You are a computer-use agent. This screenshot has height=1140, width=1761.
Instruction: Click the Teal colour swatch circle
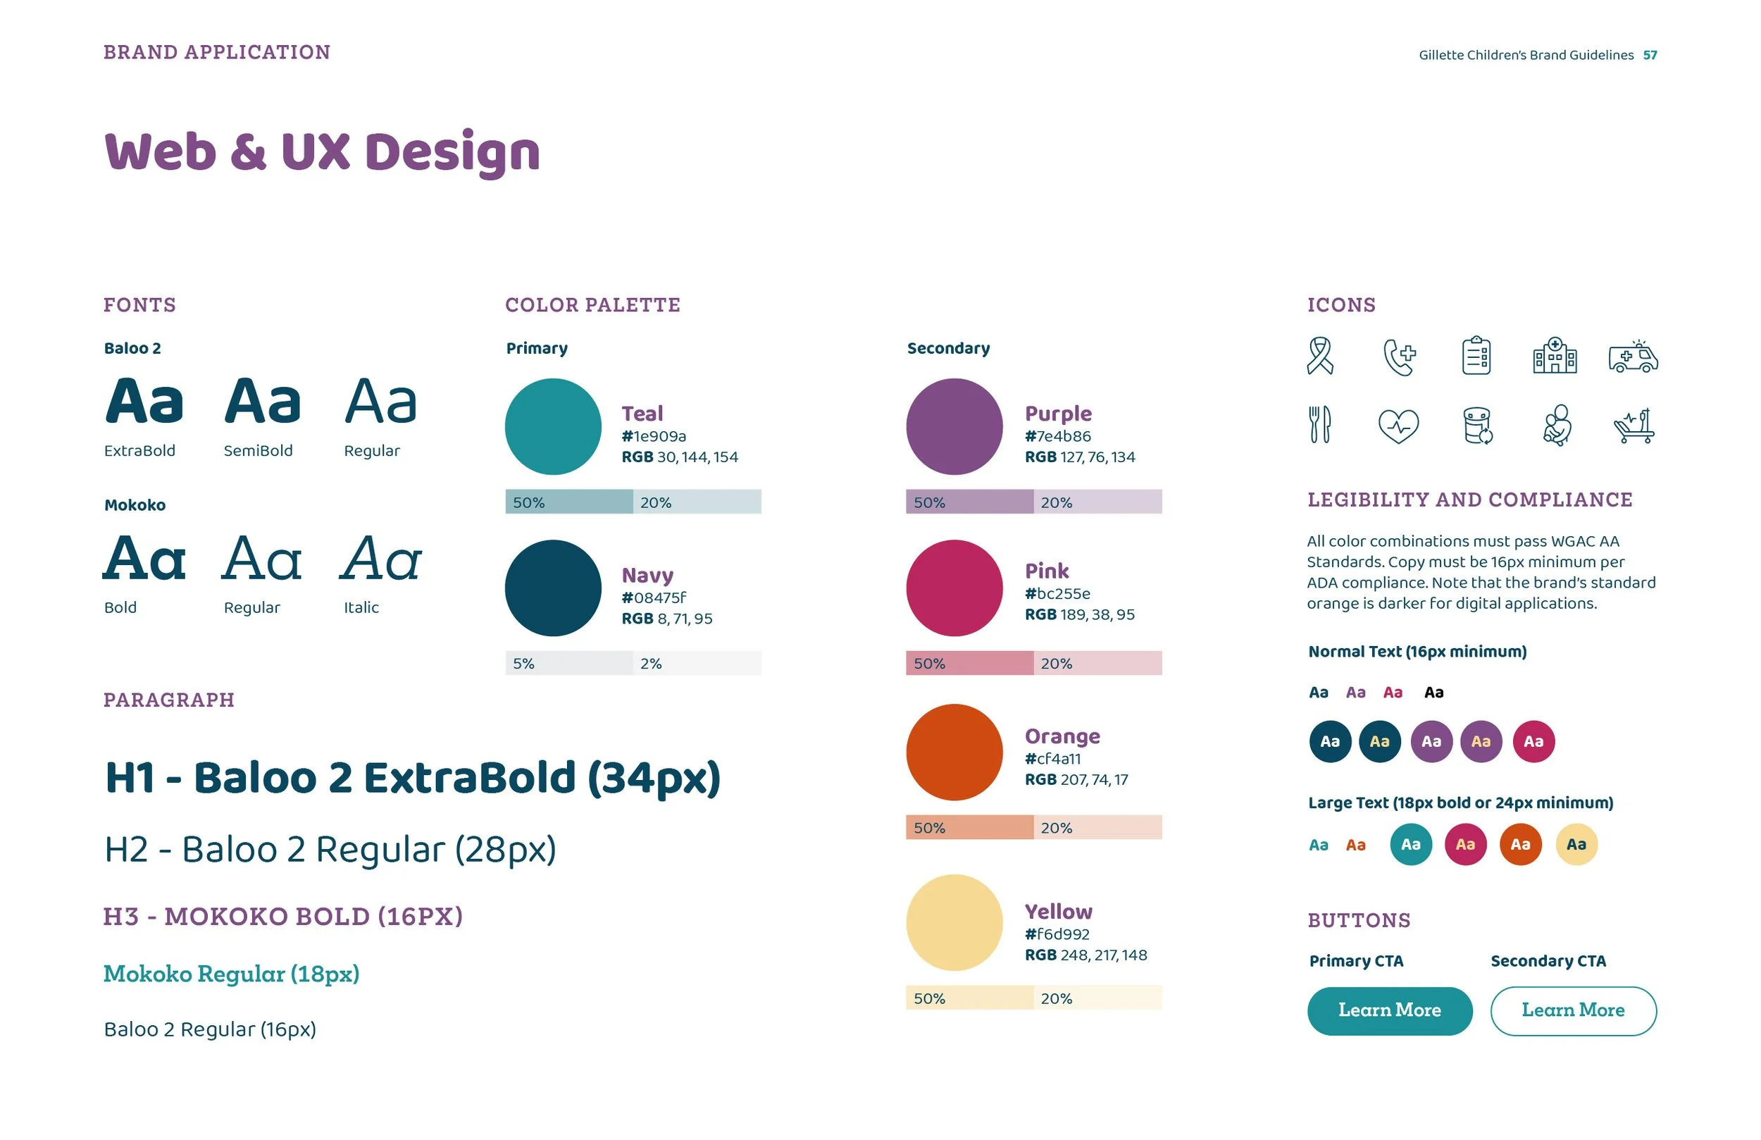553,426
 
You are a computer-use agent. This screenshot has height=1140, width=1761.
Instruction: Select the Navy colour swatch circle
553,588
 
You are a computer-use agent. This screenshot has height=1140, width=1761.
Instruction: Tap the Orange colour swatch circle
954,752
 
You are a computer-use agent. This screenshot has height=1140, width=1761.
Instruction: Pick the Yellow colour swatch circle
954,922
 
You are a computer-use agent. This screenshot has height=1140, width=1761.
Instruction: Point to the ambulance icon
1632,357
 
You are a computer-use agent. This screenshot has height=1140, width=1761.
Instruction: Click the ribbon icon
1320,356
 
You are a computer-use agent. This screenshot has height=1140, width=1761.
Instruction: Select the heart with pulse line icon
1398,426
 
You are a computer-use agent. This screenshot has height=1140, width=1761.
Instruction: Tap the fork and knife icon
1319,425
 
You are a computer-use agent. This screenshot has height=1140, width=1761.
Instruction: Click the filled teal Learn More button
1389,1010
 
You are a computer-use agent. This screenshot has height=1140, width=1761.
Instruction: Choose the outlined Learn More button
1572,1010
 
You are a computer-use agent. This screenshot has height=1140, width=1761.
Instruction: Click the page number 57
1649,56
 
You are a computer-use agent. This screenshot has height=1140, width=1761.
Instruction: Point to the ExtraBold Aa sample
144,401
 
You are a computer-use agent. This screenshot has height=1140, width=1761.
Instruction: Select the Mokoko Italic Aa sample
381,558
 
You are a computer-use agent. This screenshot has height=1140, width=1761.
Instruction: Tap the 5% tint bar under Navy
568,662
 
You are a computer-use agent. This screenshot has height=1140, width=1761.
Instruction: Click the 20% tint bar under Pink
1097,662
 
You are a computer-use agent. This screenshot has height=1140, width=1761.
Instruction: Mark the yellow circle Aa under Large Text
1576,844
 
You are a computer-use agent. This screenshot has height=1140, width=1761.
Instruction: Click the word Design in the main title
452,152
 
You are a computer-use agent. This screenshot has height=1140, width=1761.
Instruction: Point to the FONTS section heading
140,305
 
